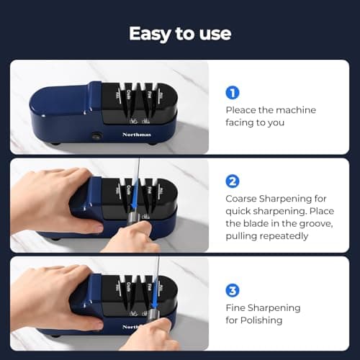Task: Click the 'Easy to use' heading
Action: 180,34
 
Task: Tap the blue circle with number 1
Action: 233,93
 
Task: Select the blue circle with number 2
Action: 233,181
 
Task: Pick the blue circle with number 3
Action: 233,291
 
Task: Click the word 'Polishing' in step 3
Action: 263,321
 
